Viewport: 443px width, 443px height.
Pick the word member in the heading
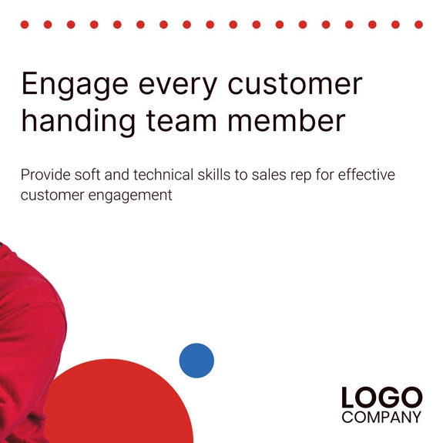[294, 121]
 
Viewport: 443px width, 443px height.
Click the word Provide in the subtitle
[44, 175]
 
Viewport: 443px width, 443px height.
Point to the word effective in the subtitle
[364, 175]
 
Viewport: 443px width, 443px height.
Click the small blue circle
[196, 361]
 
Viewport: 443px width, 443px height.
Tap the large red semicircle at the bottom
[123, 408]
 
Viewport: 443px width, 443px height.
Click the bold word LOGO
[382, 398]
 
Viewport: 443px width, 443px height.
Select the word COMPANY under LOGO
[382, 418]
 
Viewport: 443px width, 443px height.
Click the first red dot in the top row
[25, 25]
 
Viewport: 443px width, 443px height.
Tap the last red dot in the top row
[418, 25]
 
